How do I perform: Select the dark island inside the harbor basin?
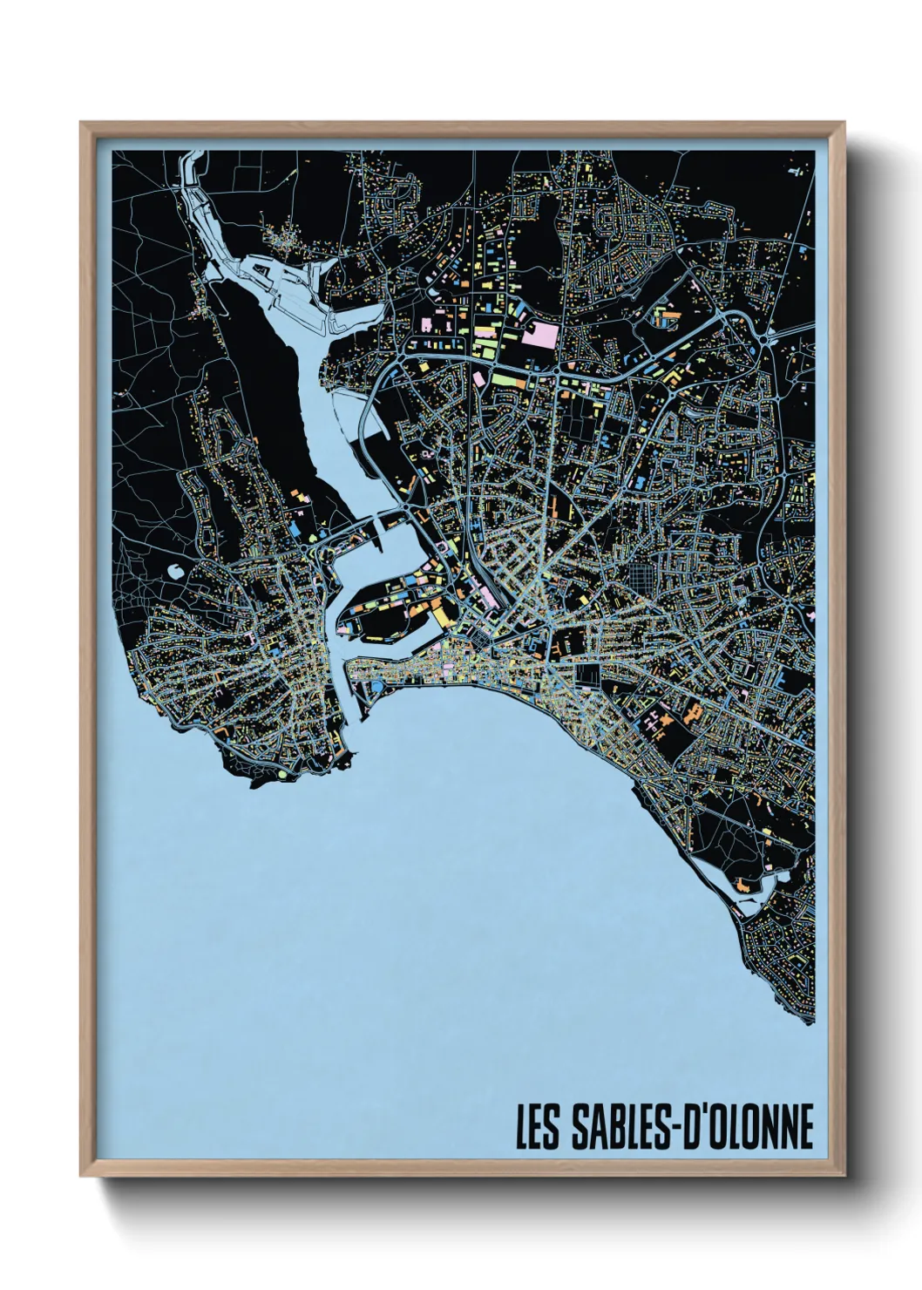383,611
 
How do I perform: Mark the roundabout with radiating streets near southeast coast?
688,798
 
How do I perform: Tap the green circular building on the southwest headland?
282,772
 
